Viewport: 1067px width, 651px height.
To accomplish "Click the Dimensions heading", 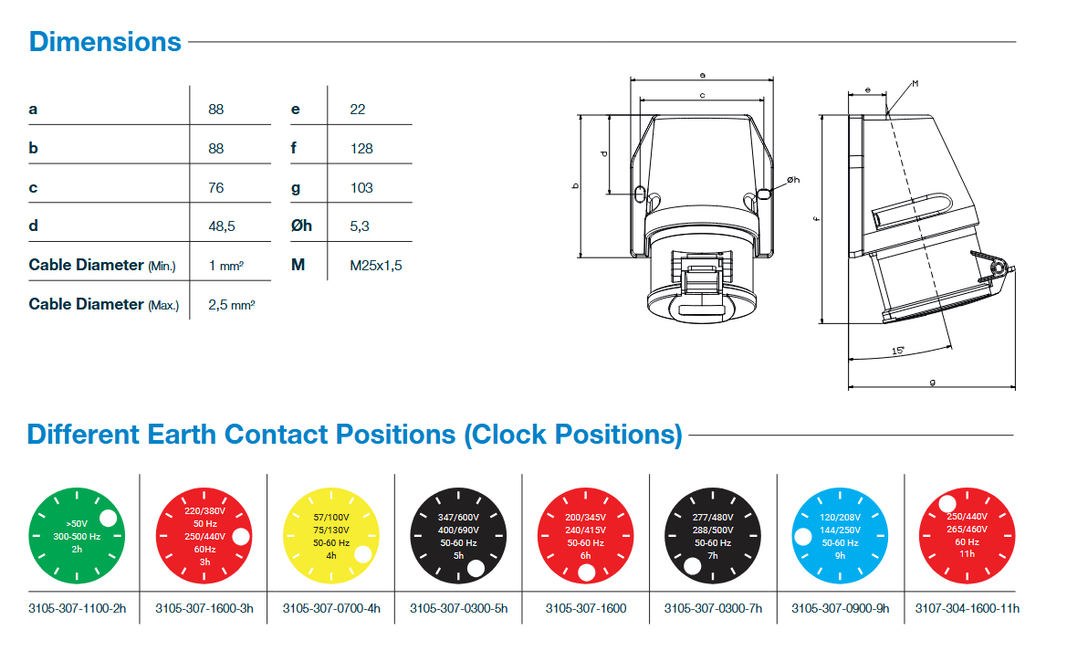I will [x=105, y=42].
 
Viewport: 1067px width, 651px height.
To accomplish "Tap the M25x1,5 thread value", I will [x=375, y=266].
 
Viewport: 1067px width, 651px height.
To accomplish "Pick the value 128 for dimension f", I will [x=361, y=148].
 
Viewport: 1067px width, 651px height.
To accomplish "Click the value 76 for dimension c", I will [x=216, y=187].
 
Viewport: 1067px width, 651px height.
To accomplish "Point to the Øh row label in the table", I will [x=301, y=226].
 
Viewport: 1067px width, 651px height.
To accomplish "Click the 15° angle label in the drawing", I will [x=898, y=351].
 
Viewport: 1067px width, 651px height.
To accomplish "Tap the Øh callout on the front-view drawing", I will [x=791, y=180].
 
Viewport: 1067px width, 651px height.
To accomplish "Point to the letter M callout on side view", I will [x=915, y=84].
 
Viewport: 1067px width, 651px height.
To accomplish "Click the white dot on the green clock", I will [x=108, y=519].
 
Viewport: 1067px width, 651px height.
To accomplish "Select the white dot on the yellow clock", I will [x=362, y=554].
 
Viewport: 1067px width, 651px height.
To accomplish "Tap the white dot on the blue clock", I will [x=803, y=538].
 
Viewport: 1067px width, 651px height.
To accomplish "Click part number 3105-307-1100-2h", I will [x=77, y=608].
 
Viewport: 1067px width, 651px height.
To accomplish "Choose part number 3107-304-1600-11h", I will [x=967, y=608].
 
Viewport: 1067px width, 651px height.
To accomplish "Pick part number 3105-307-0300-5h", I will [x=458, y=608].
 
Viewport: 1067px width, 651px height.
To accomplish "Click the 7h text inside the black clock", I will [x=713, y=555].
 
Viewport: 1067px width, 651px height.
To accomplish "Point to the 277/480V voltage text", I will [x=713, y=517].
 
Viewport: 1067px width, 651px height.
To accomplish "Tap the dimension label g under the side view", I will [x=932, y=382].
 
